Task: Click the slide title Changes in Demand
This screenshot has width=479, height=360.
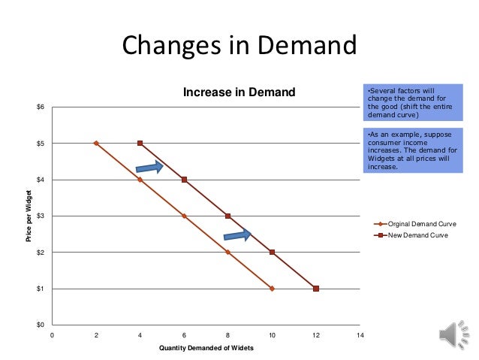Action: (239, 47)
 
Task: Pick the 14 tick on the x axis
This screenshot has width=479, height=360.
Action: (360, 334)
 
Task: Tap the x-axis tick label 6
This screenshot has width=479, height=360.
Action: (184, 334)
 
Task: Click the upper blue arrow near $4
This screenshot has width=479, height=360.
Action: (149, 167)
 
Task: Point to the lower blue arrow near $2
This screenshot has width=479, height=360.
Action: (237, 235)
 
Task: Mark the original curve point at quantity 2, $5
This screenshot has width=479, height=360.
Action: (96, 143)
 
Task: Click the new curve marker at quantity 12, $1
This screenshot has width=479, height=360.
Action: (316, 289)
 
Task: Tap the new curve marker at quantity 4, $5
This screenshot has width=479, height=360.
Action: (140, 143)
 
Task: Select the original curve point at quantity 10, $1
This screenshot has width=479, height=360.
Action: (272, 289)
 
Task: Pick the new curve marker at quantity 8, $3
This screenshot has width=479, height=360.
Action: (227, 216)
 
